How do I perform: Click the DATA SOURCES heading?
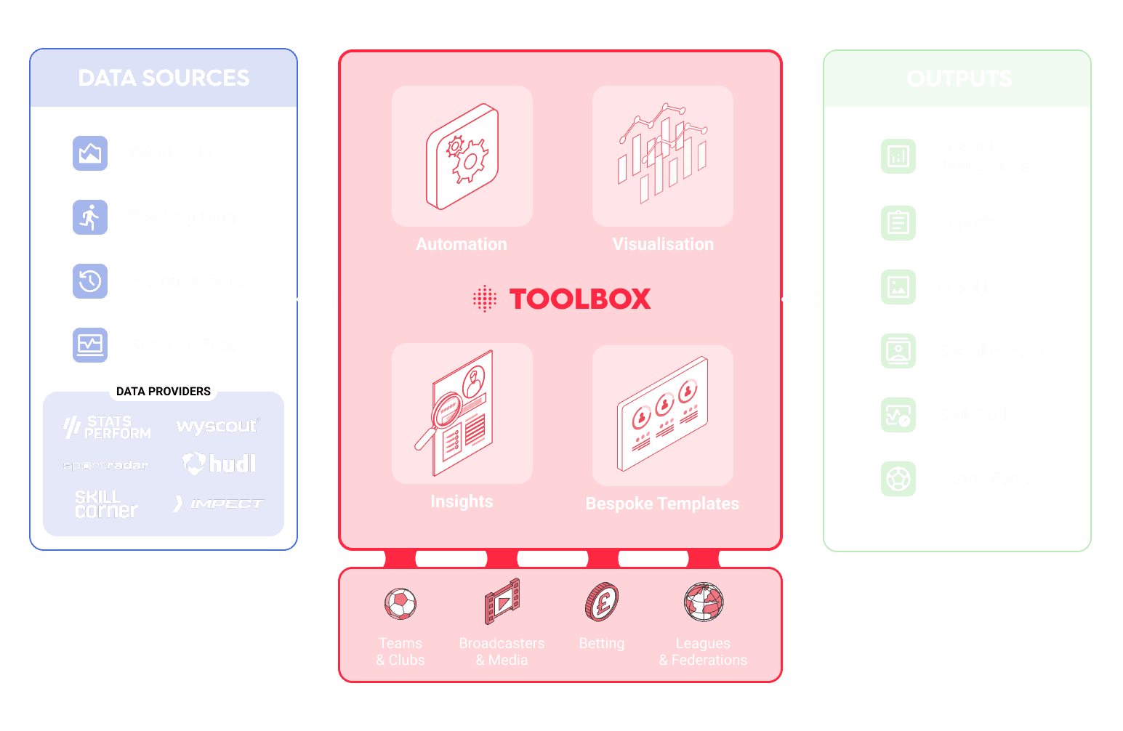164,78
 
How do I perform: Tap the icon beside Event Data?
90,153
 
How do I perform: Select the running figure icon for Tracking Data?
90,217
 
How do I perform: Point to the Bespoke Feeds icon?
90,345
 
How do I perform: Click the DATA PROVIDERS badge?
163,391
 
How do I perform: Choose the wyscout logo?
217,426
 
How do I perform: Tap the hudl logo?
219,464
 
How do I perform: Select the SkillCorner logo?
106,504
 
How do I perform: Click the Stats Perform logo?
107,427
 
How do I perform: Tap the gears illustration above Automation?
462,156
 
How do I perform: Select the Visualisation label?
663,244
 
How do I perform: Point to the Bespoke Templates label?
662,504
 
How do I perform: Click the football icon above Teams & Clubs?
401,603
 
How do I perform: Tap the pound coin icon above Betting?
601,602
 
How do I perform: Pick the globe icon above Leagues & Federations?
703,602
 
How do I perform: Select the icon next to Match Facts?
898,479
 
